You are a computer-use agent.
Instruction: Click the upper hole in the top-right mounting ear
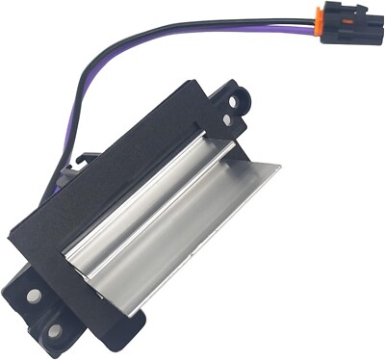237,97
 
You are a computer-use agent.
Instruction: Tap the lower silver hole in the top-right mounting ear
227,119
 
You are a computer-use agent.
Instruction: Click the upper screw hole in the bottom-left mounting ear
34,296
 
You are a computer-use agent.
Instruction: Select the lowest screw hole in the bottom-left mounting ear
54,330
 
